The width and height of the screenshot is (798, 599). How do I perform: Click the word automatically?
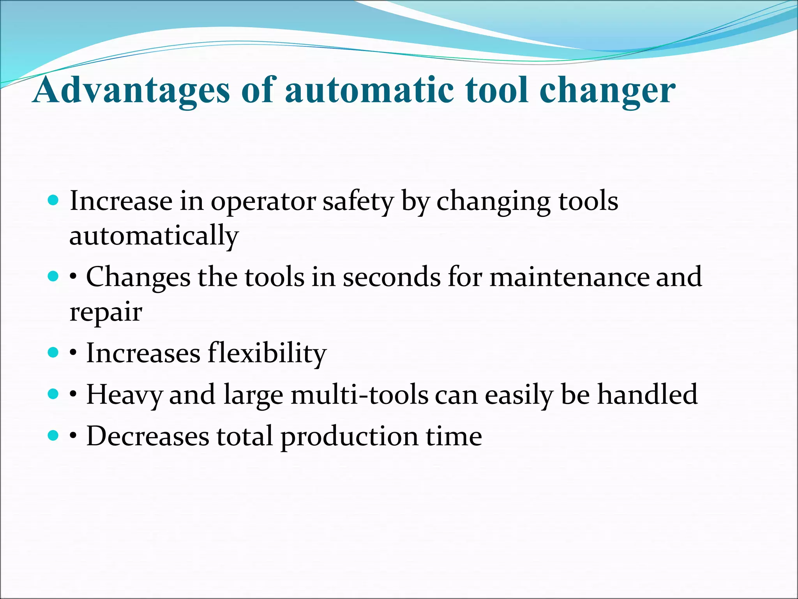[x=154, y=236]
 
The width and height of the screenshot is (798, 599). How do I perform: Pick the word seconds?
[x=392, y=277]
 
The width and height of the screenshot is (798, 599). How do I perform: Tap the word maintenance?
[x=569, y=277]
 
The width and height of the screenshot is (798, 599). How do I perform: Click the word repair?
[x=106, y=312]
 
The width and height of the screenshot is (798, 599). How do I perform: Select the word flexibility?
[x=267, y=353]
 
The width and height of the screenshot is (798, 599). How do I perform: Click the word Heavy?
[x=124, y=395]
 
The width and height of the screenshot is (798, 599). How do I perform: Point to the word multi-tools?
[x=359, y=395]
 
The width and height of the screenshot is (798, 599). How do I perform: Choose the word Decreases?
[x=148, y=436]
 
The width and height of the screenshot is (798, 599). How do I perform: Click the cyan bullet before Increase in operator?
[x=53, y=201]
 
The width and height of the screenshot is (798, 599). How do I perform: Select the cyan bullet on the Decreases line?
[x=53, y=435]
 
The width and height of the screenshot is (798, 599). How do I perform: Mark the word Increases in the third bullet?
[x=143, y=353]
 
